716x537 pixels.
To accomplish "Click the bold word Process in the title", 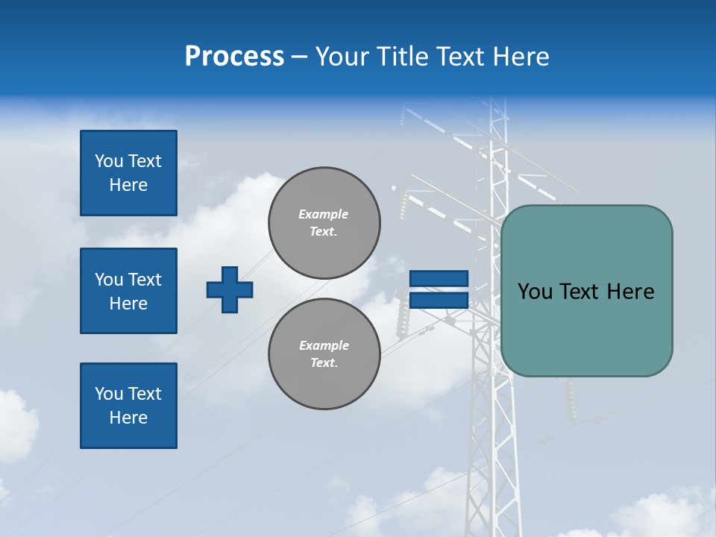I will coord(234,57).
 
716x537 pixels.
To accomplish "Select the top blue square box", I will coord(128,173).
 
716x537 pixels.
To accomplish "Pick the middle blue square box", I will coord(128,291).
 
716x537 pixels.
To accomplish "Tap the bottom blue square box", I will coord(128,406).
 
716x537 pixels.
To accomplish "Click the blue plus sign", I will coord(230,289).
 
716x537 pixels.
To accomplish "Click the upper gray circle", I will coord(324,223).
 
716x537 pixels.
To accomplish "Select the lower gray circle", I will coord(324,354).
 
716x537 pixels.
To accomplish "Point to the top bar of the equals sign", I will coord(439,279).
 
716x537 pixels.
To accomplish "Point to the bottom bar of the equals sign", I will coord(439,301).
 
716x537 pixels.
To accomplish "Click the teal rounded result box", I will coord(586,328).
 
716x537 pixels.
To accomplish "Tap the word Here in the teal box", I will coord(630,292).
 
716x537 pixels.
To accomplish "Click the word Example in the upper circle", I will coord(324,214).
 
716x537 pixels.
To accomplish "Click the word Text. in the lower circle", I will coord(324,363).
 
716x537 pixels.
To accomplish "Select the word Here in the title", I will coord(521,57).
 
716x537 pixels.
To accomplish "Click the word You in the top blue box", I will coord(108,161).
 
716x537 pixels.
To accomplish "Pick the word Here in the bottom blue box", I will coord(128,418).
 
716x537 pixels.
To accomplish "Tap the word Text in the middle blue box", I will coord(143,280).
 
